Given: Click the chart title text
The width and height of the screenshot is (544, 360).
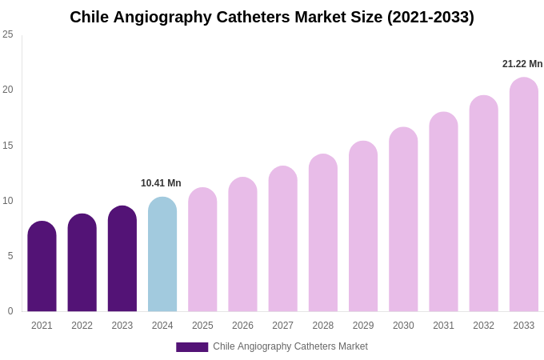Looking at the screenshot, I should point(272,17).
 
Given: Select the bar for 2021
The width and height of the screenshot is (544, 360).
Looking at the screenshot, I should point(42,267).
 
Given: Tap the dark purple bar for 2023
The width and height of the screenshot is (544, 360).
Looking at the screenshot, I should point(122,259).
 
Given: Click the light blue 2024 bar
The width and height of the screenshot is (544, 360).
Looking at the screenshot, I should point(162,255).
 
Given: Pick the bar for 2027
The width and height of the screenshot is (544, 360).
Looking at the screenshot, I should point(282,239).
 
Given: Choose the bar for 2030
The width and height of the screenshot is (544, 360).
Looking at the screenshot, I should point(403,220).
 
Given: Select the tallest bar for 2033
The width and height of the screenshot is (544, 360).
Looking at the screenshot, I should point(524,195).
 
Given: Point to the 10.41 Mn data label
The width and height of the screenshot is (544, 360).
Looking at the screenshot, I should point(161,183).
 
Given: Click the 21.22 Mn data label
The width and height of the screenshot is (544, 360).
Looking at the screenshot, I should point(522,64).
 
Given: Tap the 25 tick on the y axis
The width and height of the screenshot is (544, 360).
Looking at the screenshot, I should point(8,34).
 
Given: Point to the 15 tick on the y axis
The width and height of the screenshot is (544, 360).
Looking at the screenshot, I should point(8,146).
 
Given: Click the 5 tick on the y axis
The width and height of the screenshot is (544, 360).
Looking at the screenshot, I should point(10,256).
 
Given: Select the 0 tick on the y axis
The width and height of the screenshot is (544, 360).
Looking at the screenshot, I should point(10,311).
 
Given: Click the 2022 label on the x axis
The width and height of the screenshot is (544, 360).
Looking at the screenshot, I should point(82,326).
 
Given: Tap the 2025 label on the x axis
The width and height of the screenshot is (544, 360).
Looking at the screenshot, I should point(202,326).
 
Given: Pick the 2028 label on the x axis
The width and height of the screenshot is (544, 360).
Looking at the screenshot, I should point(323,326).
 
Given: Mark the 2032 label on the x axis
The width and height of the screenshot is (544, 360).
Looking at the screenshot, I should point(483,326).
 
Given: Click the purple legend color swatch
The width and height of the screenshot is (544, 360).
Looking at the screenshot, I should point(192,347).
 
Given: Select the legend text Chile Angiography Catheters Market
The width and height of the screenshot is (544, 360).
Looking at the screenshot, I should point(290,346).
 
